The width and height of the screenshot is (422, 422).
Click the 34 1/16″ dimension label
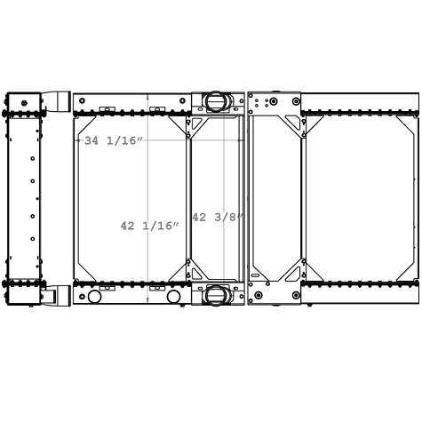(x=113, y=140)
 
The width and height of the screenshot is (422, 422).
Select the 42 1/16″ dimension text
(x=149, y=226)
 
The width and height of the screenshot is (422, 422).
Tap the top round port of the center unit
(x=216, y=101)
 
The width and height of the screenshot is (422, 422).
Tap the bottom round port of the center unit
(x=216, y=295)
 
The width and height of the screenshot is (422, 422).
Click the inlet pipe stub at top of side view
(x=57, y=100)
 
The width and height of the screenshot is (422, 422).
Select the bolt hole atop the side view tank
(x=24, y=103)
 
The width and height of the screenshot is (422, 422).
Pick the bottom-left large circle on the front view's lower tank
(x=95, y=297)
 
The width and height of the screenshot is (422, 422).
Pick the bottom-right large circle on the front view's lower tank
(x=173, y=297)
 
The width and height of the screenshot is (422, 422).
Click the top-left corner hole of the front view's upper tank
(x=82, y=100)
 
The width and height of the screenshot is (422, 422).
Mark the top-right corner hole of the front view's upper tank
(x=183, y=100)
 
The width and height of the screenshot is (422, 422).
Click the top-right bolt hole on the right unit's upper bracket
(x=296, y=101)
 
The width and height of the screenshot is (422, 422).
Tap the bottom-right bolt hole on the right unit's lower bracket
(x=296, y=295)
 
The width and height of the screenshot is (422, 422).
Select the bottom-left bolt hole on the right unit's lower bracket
(x=258, y=295)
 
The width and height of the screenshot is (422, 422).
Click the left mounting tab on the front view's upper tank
(x=107, y=109)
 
